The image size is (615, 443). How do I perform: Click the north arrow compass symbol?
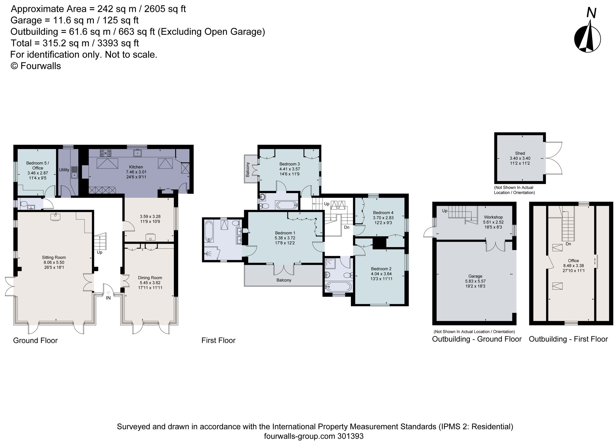(x=587, y=38)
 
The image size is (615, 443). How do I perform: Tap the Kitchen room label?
(x=136, y=167)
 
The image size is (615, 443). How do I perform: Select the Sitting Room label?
(x=54, y=257)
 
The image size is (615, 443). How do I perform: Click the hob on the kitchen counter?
(x=106, y=153)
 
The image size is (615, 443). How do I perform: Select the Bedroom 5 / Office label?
(x=38, y=165)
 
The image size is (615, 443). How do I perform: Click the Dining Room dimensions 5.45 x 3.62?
(x=150, y=283)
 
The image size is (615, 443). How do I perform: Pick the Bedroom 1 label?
(x=285, y=233)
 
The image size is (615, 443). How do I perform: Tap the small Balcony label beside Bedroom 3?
(x=248, y=169)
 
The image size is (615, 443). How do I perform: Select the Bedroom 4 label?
(x=383, y=213)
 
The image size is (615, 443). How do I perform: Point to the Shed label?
(x=520, y=153)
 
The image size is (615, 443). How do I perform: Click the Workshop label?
(x=493, y=217)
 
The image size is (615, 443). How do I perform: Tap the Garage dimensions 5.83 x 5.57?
(x=475, y=281)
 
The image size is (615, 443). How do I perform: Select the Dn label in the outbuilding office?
(x=568, y=244)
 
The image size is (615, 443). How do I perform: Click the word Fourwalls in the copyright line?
(x=41, y=66)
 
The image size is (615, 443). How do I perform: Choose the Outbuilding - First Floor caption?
(x=568, y=339)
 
